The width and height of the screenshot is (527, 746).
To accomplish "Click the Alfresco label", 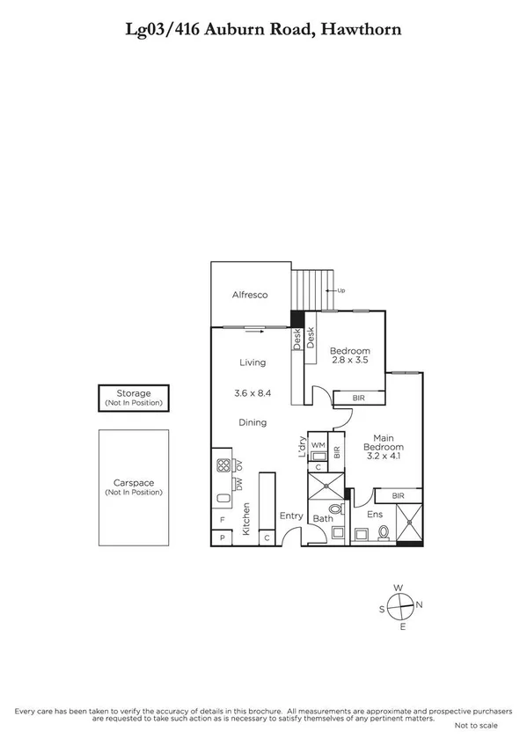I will pyautogui.click(x=249, y=295).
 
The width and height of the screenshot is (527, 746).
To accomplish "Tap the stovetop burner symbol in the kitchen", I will pyautogui.click(x=223, y=466).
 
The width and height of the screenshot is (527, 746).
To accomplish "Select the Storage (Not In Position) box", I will pyautogui.click(x=134, y=398).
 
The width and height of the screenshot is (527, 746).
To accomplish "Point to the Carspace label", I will pyautogui.click(x=134, y=482).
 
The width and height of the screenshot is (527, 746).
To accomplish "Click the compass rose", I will pyautogui.click(x=400, y=605).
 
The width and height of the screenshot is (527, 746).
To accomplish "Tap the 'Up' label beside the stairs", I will pyautogui.click(x=341, y=290).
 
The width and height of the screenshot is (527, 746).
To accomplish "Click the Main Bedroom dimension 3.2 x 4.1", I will pyautogui.click(x=382, y=457).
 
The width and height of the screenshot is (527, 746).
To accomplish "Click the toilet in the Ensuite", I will pyautogui.click(x=383, y=531).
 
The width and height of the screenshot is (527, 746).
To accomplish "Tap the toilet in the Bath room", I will pyautogui.click(x=333, y=509).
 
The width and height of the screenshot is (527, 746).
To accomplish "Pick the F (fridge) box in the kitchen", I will pyautogui.click(x=222, y=521).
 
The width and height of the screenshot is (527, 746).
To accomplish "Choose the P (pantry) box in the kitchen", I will pyautogui.click(x=222, y=537).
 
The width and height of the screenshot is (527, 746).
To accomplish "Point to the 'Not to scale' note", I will pyautogui.click(x=476, y=726).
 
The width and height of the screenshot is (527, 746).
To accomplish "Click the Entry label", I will pyautogui.click(x=291, y=516).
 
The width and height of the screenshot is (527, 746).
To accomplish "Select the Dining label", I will pyautogui.click(x=253, y=423).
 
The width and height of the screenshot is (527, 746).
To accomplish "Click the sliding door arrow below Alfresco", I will pyautogui.click(x=252, y=331).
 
